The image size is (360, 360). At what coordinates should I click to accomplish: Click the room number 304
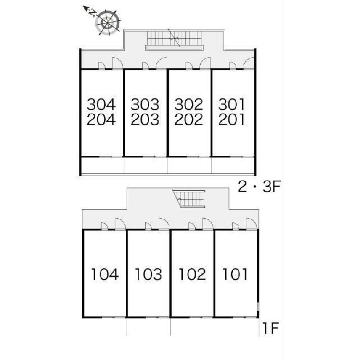coord(101,105)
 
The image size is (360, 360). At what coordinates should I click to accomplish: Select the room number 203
coord(145,119)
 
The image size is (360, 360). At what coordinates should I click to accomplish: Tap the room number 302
coord(189,105)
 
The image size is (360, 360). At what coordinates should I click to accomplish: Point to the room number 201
coord(231,119)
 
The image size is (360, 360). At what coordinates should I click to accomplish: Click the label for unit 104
coord(105,274)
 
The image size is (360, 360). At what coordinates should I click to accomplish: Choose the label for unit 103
coord(148,274)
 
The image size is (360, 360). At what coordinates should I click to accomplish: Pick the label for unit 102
coord(192,274)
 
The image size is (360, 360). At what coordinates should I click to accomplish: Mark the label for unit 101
coord(235,274)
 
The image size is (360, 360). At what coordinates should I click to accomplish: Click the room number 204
coord(101,119)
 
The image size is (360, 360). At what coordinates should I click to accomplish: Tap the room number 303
coord(145,105)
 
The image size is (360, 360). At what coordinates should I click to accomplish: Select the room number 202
coord(189,119)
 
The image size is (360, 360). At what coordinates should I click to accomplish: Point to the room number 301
coord(231,105)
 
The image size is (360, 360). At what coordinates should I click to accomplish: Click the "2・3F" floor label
coord(259,186)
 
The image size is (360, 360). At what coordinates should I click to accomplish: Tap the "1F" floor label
coord(271,328)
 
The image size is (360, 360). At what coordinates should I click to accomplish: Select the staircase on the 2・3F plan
coord(174,40)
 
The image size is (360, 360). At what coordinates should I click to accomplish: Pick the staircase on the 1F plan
coord(189,199)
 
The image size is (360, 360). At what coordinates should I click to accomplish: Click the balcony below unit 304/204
coord(102,165)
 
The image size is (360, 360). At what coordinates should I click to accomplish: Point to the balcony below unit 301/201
coord(233,165)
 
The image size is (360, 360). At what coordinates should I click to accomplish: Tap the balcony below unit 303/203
coord(146,165)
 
